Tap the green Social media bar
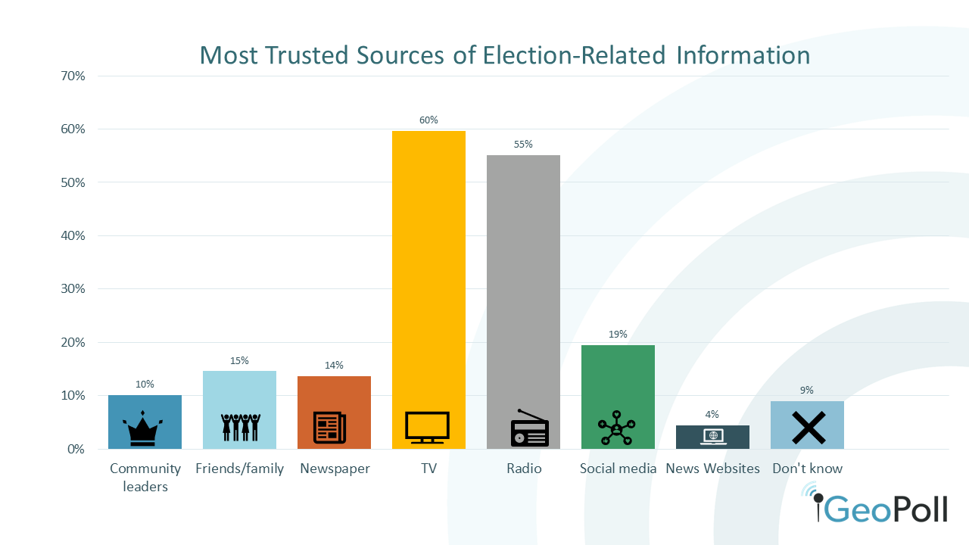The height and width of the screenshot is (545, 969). [x=618, y=378]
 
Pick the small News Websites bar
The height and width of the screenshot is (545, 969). [x=712, y=437]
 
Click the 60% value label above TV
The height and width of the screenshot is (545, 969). [x=428, y=120]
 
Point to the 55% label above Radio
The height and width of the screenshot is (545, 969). [x=523, y=145]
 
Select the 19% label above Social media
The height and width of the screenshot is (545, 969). [x=618, y=335]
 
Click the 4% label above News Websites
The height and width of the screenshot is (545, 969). [x=712, y=415]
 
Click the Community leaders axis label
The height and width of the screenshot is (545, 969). [x=145, y=477]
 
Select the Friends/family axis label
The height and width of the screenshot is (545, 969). [x=239, y=469]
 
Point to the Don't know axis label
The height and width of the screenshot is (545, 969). [x=807, y=469]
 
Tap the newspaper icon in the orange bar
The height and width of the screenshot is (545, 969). [x=330, y=428]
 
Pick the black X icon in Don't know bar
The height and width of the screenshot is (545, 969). [x=808, y=428]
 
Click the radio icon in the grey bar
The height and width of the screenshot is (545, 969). [x=529, y=429]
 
